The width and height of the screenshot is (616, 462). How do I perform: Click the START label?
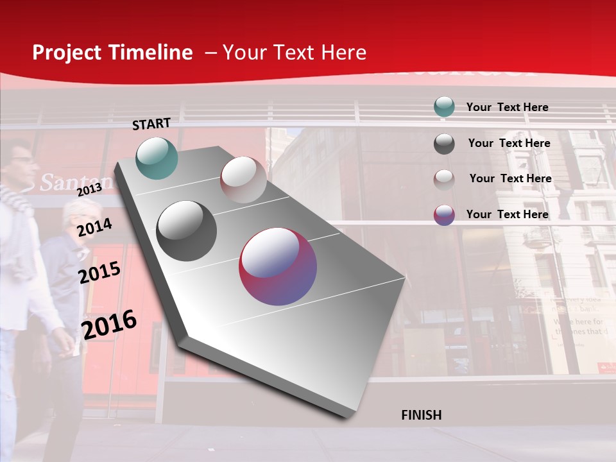coord(151,124)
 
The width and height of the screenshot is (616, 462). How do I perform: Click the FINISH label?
coord(421,415)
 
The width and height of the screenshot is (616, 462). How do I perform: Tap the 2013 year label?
coord(89,189)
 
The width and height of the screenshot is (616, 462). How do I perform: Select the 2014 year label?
coord(94,227)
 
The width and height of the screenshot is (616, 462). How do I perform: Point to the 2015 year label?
coord(99,273)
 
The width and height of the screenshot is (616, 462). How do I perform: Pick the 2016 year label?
coord(109,324)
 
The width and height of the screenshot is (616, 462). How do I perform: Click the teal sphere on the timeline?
coord(157,158)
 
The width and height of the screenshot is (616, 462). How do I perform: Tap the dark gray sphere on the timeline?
coord(186,231)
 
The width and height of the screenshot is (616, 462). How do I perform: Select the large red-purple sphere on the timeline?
coord(278,266)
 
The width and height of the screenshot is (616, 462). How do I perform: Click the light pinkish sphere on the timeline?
coord(243,180)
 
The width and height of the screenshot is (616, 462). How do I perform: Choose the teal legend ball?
coord(444,107)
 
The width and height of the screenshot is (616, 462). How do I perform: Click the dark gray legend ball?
coord(444,144)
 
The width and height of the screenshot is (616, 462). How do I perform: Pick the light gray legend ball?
coord(444,179)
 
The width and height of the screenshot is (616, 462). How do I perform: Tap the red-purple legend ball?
coord(444,215)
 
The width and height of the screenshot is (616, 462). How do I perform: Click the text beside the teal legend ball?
coord(507,107)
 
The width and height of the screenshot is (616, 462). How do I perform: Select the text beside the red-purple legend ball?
coord(507,214)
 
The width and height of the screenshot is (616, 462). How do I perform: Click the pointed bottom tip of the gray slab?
coord(347,418)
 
